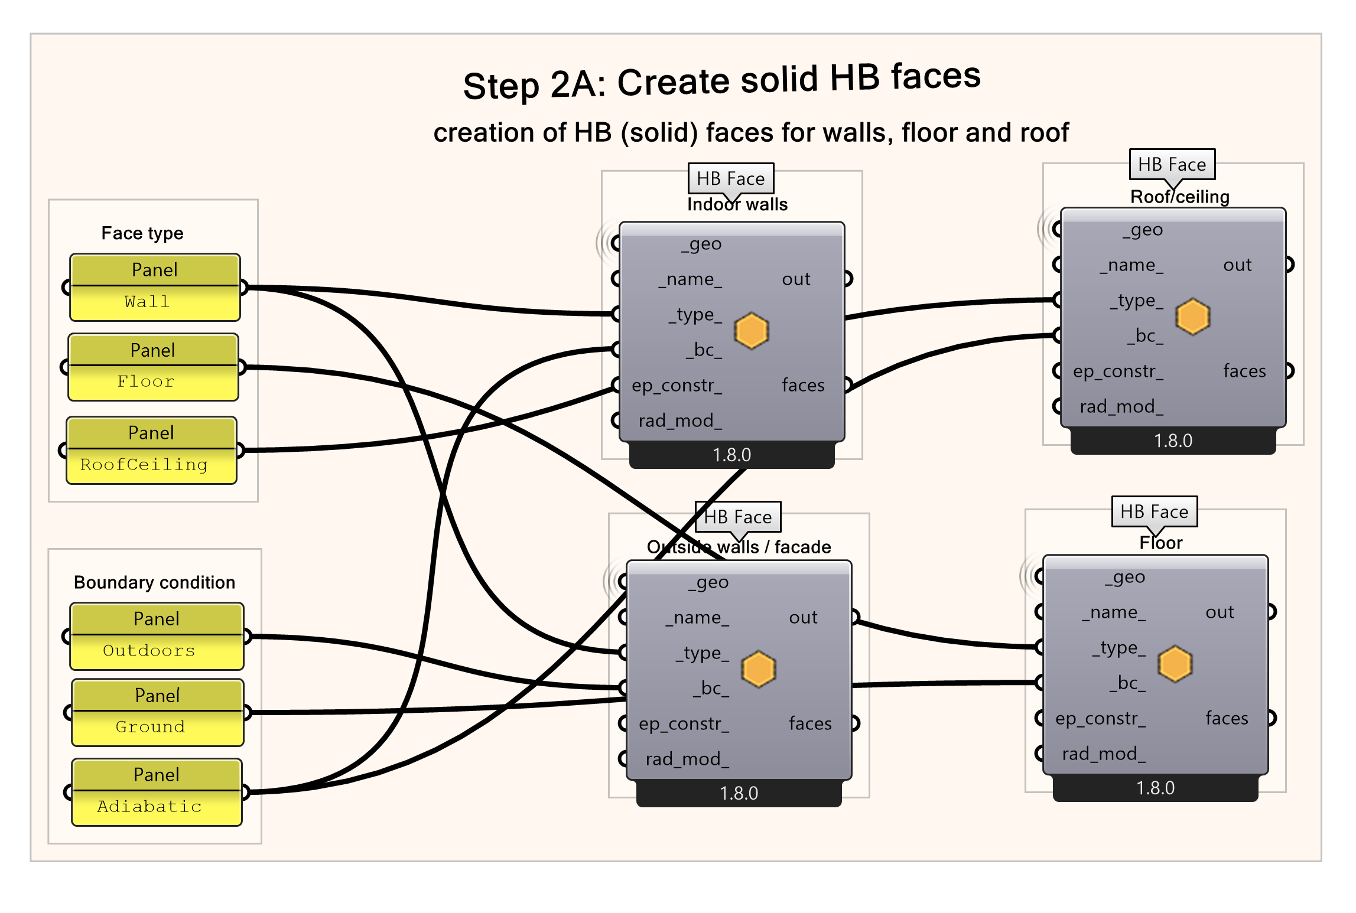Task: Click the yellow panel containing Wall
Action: [x=155, y=288]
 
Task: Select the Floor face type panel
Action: [x=153, y=368]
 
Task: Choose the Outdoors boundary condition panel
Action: [x=157, y=637]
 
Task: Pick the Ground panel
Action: [x=157, y=713]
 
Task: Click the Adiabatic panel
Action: [x=157, y=793]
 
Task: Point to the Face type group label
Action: [x=142, y=233]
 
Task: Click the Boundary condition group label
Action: [x=154, y=582]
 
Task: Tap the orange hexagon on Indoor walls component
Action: [x=751, y=331]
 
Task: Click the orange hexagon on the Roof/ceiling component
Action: [x=1192, y=317]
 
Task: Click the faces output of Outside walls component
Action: [x=810, y=723]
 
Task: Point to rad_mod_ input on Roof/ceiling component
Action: [x=1121, y=407]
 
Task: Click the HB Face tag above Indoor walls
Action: [x=730, y=178]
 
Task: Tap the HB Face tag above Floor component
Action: [x=1154, y=511]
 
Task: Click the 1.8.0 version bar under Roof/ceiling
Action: [x=1173, y=441]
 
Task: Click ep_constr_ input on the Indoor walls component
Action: [x=677, y=386]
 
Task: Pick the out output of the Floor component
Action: [x=1220, y=612]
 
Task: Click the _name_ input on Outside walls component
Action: [x=697, y=618]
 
